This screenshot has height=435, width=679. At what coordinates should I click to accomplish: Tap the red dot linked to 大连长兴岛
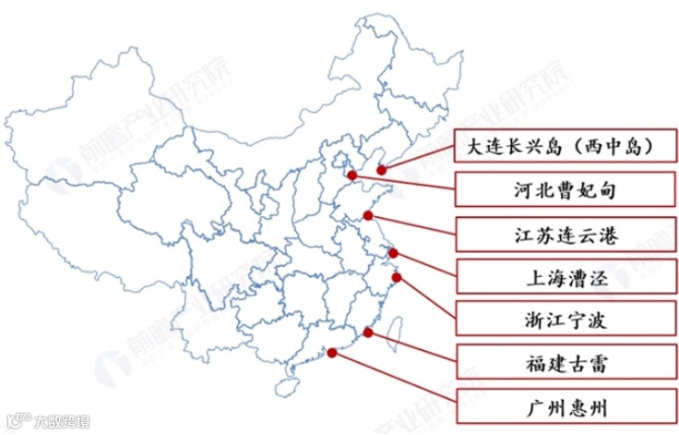pyautogui.click(x=381, y=170)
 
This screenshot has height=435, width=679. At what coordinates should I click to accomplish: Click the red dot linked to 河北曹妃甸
pyautogui.click(x=351, y=174)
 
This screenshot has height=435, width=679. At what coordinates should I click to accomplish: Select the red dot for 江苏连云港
pyautogui.click(x=368, y=216)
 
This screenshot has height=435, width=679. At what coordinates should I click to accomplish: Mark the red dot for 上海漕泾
pyautogui.click(x=394, y=253)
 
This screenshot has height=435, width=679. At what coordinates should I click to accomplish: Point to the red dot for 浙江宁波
pyautogui.click(x=398, y=276)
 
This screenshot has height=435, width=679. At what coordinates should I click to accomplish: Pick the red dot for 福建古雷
pyautogui.click(x=368, y=332)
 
